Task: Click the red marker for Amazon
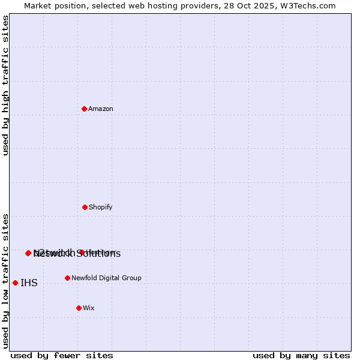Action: point(84,109)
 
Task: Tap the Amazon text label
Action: point(101,109)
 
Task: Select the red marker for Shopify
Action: point(85,207)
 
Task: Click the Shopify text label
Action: point(101,208)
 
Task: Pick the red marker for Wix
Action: point(79,308)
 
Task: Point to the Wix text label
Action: point(89,308)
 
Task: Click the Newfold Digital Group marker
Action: point(67,278)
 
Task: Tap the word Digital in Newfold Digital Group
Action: point(110,278)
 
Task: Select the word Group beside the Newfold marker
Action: point(132,278)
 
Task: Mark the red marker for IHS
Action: point(15,283)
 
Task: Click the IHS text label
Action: point(29,283)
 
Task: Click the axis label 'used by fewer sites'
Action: point(62,355)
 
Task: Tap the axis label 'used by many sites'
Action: point(301,355)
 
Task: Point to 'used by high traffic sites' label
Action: point(5,85)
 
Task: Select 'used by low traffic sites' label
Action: point(5,281)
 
